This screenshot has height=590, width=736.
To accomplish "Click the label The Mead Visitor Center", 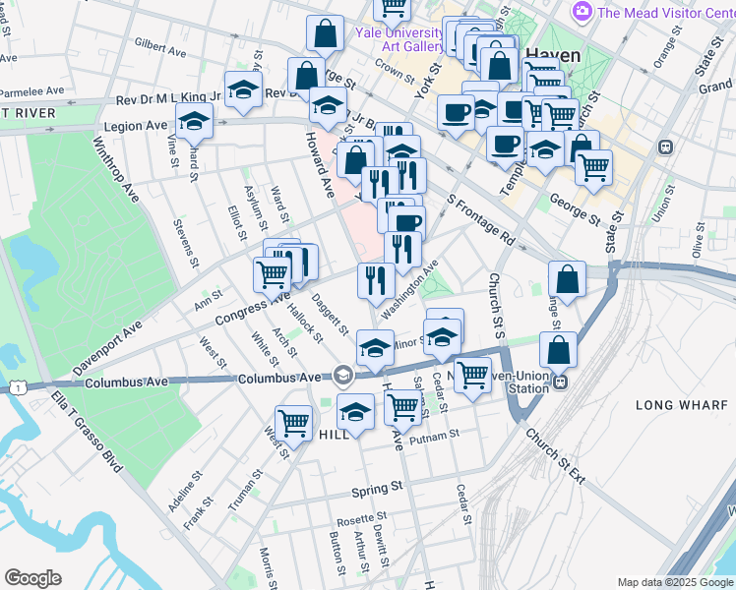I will pos(665,13).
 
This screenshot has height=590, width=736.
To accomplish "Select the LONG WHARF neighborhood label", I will pos(680,405).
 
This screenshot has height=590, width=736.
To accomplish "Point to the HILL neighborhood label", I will pos(335,434).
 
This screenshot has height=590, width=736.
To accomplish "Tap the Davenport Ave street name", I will pos(107,349).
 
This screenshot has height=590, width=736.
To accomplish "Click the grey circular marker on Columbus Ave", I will pos(342,374).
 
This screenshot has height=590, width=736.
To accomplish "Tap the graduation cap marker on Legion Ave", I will pos(195,122).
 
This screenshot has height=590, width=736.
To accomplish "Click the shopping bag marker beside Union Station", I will pos(558,349).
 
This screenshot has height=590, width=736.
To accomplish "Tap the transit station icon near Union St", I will pos(665,147).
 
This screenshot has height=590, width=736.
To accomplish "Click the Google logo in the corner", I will pos(33,578).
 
